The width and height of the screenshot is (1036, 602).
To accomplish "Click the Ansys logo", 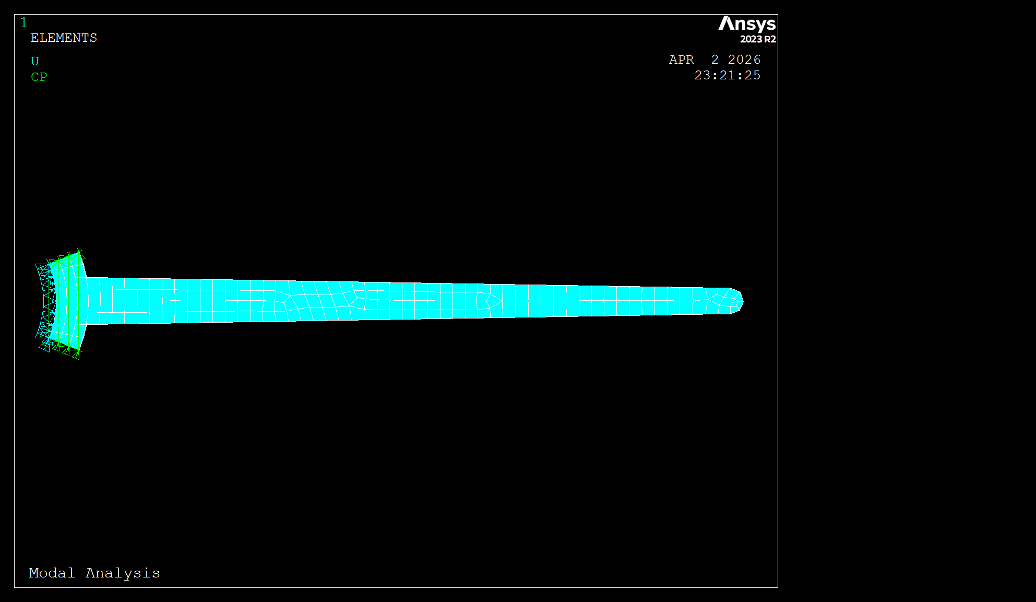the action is [x=747, y=25].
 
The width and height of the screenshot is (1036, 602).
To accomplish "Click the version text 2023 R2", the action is [x=758, y=39].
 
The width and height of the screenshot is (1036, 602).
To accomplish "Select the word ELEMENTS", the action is [x=64, y=38].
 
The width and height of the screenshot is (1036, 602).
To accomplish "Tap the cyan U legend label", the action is [x=35, y=61].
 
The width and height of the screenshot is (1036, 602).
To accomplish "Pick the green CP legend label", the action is [x=39, y=77].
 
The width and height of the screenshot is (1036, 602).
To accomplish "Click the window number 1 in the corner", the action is [x=23, y=22].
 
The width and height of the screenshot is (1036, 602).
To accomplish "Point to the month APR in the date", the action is [x=682, y=60].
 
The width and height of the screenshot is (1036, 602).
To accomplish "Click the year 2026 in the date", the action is [x=744, y=60].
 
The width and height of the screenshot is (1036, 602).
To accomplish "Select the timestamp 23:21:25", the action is [x=728, y=76].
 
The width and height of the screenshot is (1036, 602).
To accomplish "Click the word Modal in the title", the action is [x=52, y=573].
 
